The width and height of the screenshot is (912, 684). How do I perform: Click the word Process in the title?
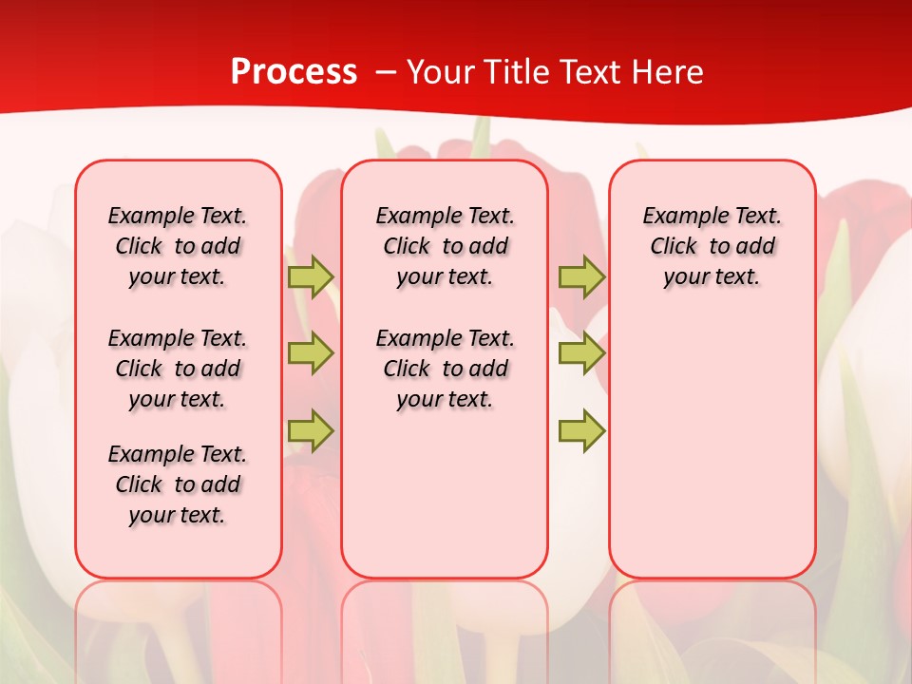(x=294, y=72)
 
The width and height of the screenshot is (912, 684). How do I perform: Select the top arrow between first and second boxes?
(x=310, y=276)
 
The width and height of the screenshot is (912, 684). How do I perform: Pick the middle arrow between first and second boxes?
(x=310, y=353)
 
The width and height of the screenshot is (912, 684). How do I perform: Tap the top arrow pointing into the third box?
(x=581, y=276)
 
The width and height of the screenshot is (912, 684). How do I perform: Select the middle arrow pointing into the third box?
(x=581, y=353)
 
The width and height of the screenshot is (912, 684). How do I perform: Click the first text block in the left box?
(x=178, y=246)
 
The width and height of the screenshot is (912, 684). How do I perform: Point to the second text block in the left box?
(x=178, y=369)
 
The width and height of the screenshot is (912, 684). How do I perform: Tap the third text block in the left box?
(x=178, y=484)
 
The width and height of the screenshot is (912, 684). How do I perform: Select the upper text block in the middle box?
(x=445, y=246)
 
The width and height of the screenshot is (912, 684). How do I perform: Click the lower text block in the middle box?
(x=445, y=369)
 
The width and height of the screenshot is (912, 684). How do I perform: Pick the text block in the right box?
(x=712, y=246)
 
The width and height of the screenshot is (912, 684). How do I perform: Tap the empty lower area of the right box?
(x=712, y=446)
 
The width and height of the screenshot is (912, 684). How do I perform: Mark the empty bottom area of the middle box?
(x=445, y=503)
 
